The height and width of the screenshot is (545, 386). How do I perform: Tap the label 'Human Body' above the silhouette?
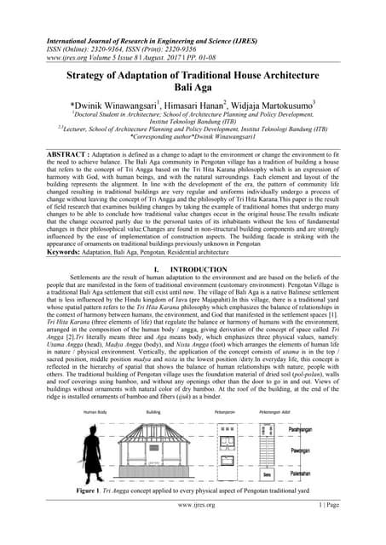click(94, 412)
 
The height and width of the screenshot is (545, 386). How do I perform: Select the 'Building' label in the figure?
click(153, 412)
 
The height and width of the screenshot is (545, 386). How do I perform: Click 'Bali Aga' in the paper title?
click(193, 88)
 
